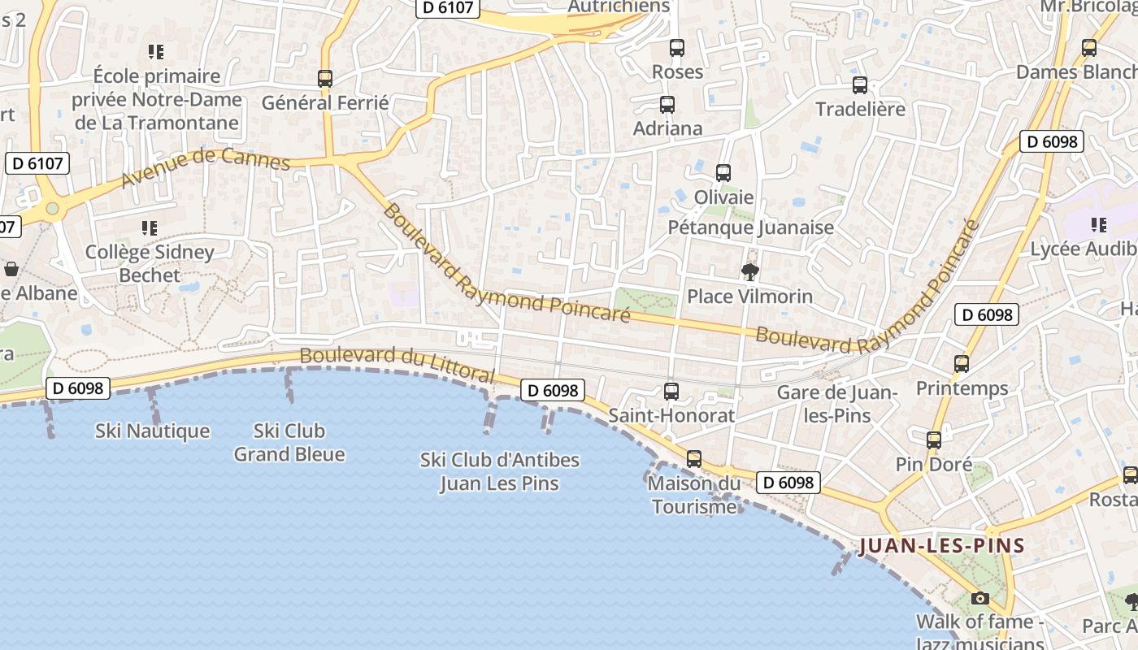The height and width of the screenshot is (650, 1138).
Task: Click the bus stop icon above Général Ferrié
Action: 325,79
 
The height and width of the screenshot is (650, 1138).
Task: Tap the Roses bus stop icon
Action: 677,48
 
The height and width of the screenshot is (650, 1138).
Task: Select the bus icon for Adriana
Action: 667,105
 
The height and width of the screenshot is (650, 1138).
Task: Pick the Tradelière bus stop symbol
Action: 860,85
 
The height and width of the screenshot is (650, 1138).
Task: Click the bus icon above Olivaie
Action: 723,173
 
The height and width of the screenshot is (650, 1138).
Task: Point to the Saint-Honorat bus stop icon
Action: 671,392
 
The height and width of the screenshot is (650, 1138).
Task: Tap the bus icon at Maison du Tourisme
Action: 694,459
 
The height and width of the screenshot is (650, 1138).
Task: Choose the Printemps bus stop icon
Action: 962,364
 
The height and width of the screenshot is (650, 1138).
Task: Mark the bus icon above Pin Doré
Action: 934,440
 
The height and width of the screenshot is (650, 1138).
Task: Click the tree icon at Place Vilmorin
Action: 749,271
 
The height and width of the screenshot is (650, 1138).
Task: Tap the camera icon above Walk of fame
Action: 980,599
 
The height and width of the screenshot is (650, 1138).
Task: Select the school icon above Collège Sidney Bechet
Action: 149,228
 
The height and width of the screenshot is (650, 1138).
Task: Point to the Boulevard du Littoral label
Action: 397,364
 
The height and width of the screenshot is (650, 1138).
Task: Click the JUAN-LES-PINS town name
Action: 941,545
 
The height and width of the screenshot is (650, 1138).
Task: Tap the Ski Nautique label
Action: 152,431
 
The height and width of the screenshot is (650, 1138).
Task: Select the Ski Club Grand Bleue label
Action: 289,442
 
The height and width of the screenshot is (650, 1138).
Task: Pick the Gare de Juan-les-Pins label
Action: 836,404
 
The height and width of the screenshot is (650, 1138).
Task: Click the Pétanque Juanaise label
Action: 750,227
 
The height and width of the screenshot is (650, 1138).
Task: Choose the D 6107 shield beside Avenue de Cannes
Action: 37,163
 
